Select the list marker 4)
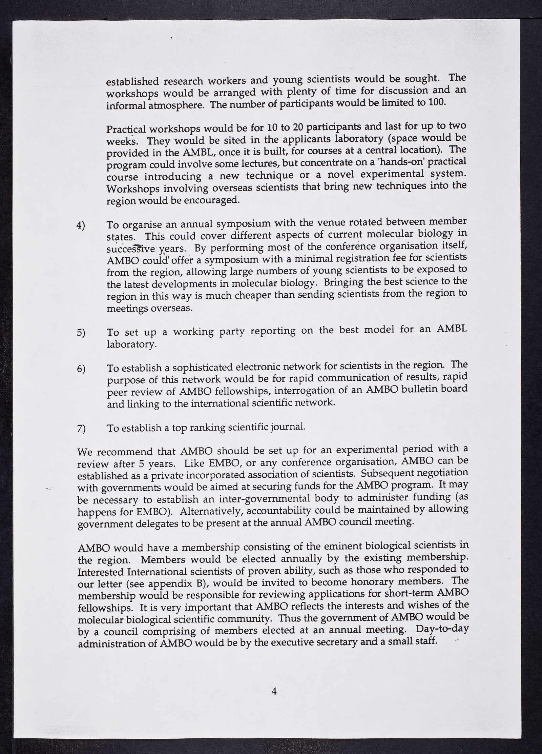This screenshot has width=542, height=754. (x=81, y=225)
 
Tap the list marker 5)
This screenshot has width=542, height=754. (x=81, y=333)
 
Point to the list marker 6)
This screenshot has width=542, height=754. (x=81, y=369)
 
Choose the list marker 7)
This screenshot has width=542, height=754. (x=81, y=429)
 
